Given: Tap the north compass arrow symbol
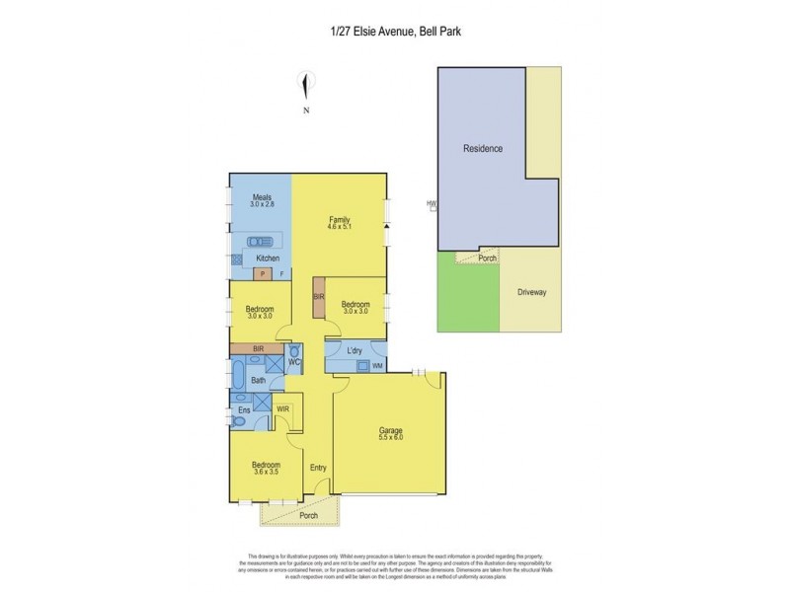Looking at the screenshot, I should pyautogui.click(x=307, y=86).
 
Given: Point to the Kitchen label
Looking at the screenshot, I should pyautogui.click(x=254, y=259).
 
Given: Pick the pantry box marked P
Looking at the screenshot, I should pyautogui.click(x=264, y=274).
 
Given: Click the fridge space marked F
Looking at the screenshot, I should pyautogui.click(x=281, y=274).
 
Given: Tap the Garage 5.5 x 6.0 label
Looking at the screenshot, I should pyautogui.click(x=392, y=435).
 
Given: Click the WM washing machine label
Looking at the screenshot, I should pyautogui.click(x=378, y=367).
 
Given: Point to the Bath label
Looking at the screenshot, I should pyautogui.click(x=258, y=380).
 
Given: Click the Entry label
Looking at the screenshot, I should pyautogui.click(x=318, y=468).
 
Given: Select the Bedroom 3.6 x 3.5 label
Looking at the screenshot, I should pyautogui.click(x=265, y=469).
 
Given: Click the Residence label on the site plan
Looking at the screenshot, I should pyautogui.click(x=484, y=149).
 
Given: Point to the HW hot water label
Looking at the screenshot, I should pyautogui.click(x=431, y=204).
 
